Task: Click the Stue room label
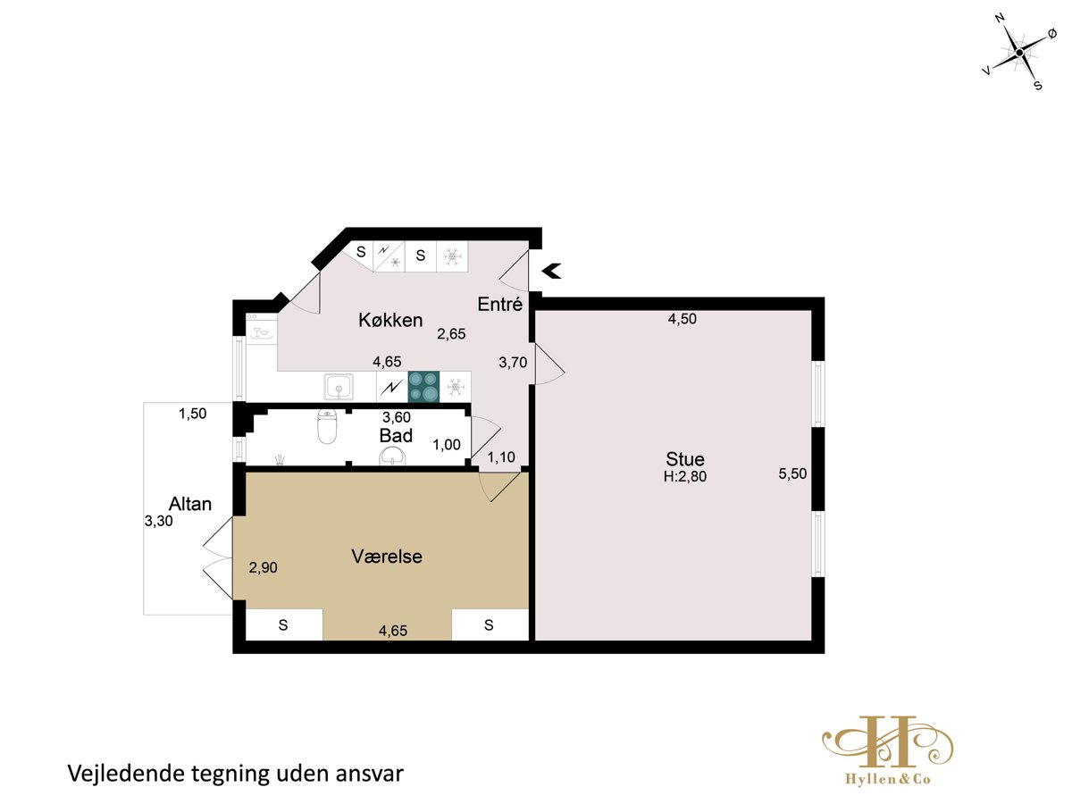click(x=684, y=459)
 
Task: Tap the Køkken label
click(x=390, y=320)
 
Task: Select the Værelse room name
click(x=386, y=557)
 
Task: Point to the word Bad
click(x=396, y=435)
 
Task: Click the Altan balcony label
click(x=190, y=504)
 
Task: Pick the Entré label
click(x=499, y=304)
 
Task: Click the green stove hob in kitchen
click(x=423, y=387)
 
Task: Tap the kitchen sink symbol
click(x=338, y=387)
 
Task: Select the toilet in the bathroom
click(x=327, y=426)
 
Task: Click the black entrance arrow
click(x=552, y=271)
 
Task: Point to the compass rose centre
click(x=1019, y=53)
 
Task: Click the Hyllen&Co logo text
click(x=887, y=779)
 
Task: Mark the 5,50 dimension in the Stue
click(x=792, y=473)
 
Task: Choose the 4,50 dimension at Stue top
click(x=682, y=319)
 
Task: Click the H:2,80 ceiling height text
click(x=684, y=476)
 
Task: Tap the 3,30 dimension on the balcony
click(x=158, y=522)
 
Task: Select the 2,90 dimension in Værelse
click(x=263, y=567)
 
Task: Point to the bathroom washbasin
click(x=392, y=456)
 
